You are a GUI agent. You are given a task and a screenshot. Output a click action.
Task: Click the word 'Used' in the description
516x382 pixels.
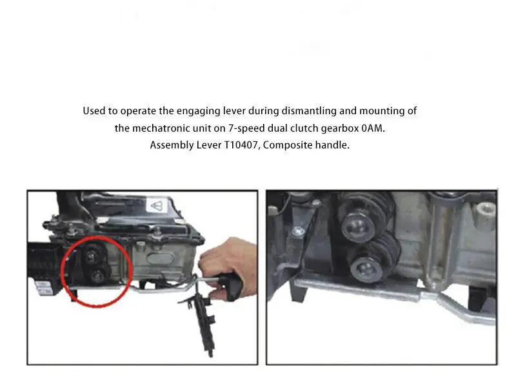coord(94,111)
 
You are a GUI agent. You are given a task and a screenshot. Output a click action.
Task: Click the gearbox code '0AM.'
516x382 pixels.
coord(377,128)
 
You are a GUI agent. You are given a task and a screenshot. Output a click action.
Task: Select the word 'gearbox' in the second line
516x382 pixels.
coord(340,128)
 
